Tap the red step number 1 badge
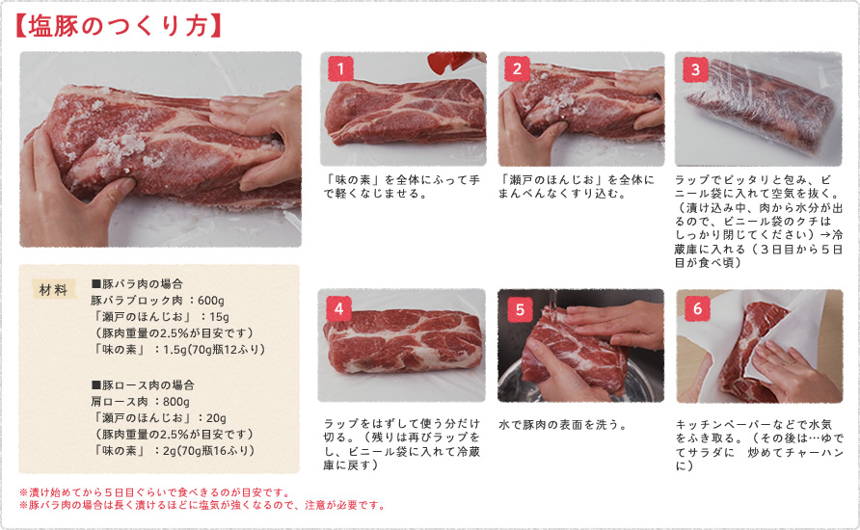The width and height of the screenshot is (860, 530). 340,68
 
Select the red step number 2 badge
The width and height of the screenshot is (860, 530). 518,68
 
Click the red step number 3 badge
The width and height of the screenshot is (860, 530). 694,69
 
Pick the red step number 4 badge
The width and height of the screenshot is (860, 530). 339,308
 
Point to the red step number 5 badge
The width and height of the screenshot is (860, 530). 519,308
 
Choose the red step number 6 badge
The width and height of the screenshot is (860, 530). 696,308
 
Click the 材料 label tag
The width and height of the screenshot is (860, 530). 53,289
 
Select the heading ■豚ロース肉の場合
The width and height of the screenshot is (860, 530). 141,384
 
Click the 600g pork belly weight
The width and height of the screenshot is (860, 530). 206,300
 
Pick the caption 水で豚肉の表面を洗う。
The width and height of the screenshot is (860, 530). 563,423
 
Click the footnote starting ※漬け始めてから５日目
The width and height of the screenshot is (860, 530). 154,491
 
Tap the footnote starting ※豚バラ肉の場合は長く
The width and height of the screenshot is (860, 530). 202,505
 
